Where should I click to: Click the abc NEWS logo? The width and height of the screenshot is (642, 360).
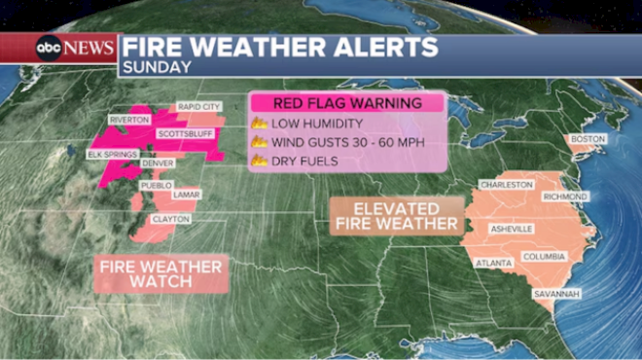tap(75, 48)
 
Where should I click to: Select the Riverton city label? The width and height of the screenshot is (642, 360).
tap(128, 120)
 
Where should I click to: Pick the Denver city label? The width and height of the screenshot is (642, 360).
tap(158, 163)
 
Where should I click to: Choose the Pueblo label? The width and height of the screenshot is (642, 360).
tap(157, 184)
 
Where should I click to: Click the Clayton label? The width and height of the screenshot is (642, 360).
tap(171, 219)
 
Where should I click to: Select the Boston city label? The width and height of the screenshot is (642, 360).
tap(588, 139)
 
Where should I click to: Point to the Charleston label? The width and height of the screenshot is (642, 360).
tap(507, 184)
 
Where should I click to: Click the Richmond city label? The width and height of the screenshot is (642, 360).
tap(565, 197)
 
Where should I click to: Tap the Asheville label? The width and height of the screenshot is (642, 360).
tap(511, 229)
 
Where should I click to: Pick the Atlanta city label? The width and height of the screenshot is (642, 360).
tap(491, 263)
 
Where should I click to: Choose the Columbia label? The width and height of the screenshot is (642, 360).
tap(544, 257)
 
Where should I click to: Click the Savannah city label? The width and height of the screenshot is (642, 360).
tap(556, 293)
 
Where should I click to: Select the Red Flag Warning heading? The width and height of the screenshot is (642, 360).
tap(347, 103)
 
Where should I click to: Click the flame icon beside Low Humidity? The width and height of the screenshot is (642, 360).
tap(260, 124)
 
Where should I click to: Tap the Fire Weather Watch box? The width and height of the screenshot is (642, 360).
tap(160, 274)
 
